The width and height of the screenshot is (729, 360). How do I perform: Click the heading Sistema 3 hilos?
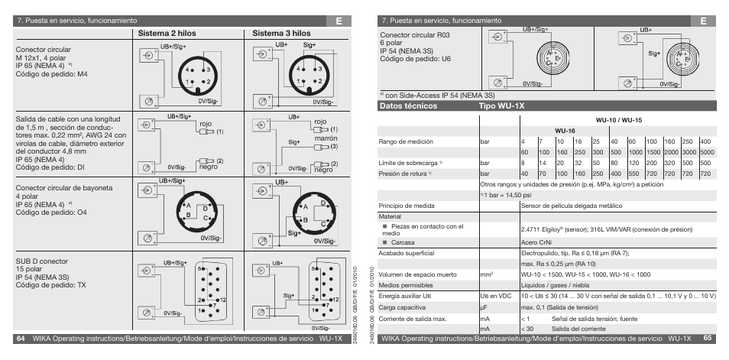[282, 34]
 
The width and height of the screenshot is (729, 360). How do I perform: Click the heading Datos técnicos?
[408, 106]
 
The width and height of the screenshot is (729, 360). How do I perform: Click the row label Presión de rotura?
[406, 174]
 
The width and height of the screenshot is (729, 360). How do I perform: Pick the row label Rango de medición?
[407, 141]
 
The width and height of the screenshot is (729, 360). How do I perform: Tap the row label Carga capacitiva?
[403, 306]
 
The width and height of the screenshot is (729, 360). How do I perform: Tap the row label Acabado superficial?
[407, 252]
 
